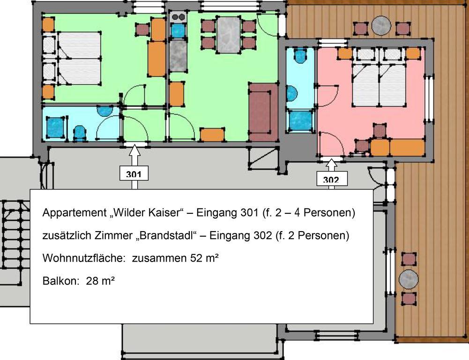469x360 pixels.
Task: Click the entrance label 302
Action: point(331,179)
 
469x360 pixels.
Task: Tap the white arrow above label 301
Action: point(134,154)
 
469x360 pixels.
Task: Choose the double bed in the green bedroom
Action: point(79,59)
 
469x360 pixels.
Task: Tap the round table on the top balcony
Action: point(381,25)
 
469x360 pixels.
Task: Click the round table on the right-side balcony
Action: point(408,279)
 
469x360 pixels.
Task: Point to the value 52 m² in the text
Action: point(204,258)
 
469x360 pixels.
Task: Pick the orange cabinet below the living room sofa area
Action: point(212,135)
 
